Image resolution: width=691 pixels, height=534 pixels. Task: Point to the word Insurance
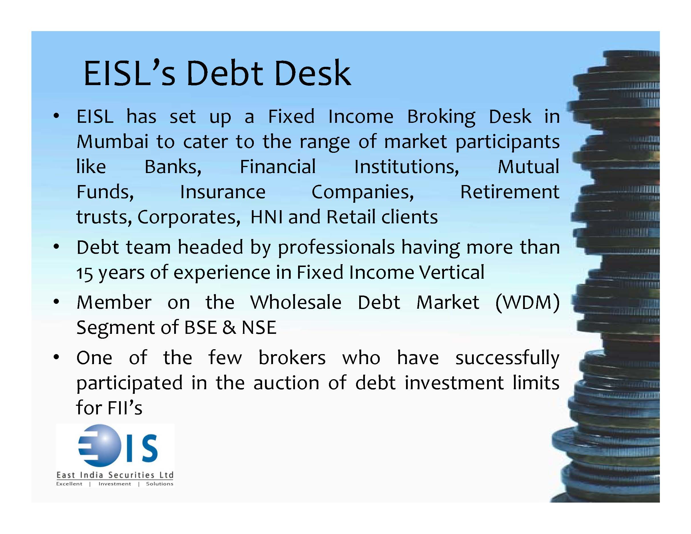[x=223, y=192]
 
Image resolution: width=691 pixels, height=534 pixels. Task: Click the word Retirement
[x=509, y=192]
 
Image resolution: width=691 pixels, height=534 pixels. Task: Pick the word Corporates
[x=189, y=217]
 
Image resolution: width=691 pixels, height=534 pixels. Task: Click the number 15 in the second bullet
[x=84, y=273]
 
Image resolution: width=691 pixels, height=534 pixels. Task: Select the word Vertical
[x=451, y=272]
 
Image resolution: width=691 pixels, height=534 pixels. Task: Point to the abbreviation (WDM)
[x=527, y=302]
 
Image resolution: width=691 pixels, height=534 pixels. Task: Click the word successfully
[x=507, y=358]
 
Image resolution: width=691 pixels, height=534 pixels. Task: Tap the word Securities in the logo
[x=131, y=475]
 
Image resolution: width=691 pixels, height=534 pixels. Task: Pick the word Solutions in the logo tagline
[x=159, y=484]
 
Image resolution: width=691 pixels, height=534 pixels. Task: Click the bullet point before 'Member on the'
[x=56, y=302]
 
